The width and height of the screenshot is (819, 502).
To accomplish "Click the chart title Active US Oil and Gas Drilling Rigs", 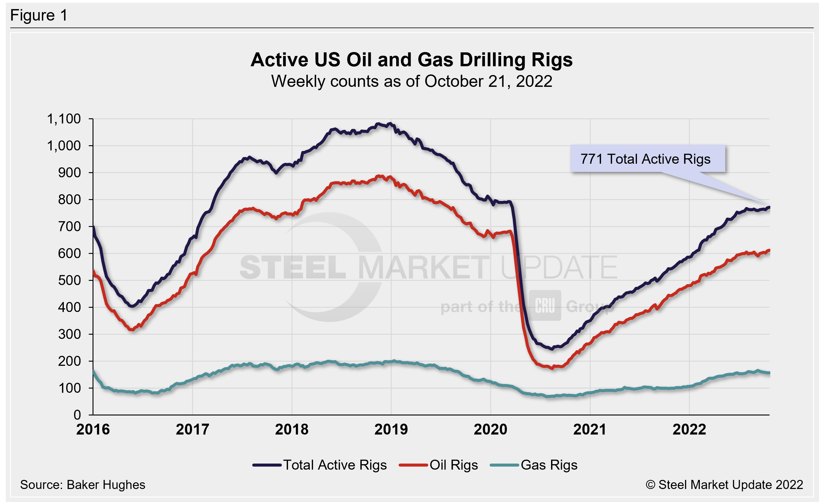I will click(412, 60).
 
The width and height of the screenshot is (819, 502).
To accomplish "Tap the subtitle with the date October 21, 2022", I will click(412, 81).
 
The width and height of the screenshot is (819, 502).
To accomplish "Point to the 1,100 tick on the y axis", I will click(64, 119).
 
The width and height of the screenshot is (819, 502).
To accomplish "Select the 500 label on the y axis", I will click(69, 280).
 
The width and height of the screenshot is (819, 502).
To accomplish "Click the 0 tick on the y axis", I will click(77, 415).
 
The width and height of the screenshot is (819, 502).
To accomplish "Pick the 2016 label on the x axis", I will click(93, 429).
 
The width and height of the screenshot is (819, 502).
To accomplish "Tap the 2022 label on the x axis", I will click(689, 429).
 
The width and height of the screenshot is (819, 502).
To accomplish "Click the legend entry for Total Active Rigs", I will click(319, 465).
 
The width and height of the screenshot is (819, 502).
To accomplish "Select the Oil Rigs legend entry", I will click(439, 465).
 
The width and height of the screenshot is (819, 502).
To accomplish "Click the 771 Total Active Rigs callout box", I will click(647, 159).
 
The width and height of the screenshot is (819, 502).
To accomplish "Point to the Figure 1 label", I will click(39, 15).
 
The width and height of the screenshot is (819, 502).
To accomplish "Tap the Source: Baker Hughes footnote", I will click(83, 485).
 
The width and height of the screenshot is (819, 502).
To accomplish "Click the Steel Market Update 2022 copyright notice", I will click(724, 485).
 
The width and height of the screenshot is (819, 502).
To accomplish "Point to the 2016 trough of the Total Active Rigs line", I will click(133, 306).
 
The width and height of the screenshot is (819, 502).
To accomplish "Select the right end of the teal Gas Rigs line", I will click(769, 373).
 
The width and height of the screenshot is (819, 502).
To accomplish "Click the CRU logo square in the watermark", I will click(545, 305).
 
